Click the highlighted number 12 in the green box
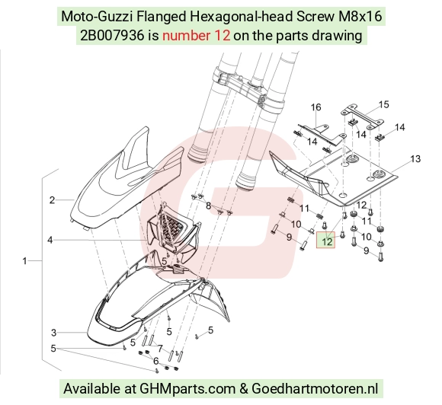point(326,241)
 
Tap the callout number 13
point(415,159)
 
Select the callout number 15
point(383,104)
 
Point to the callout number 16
point(315,107)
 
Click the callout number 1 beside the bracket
point(25,261)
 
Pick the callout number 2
point(52,200)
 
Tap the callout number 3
point(54,333)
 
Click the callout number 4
point(50,241)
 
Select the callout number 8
point(208,206)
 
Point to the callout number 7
point(160,349)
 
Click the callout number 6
point(156,361)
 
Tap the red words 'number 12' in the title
point(196,36)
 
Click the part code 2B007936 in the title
point(112,36)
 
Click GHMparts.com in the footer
point(187,389)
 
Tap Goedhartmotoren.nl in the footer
point(315,389)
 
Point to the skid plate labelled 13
point(332,177)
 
